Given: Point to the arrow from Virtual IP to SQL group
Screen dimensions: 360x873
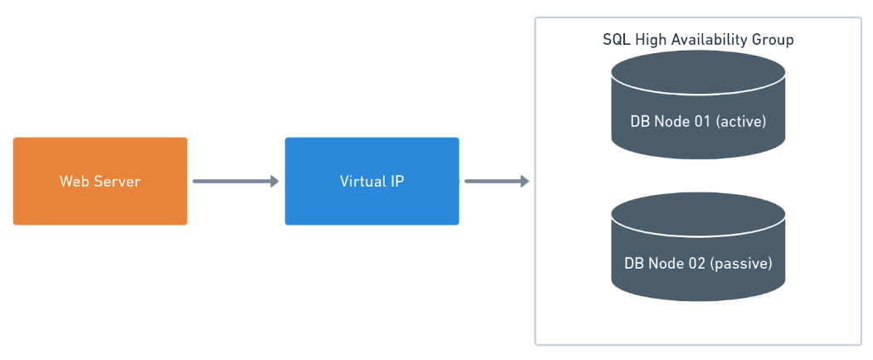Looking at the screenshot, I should [495, 181].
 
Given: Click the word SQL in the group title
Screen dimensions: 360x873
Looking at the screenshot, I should [614, 40].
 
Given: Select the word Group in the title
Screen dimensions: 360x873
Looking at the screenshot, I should [774, 40].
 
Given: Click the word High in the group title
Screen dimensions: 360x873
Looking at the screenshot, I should [650, 40].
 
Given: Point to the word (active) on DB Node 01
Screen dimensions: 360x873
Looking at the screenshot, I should [740, 122].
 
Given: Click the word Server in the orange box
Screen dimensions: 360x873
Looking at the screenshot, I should [115, 181].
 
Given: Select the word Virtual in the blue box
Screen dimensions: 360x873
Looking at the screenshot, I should [361, 181].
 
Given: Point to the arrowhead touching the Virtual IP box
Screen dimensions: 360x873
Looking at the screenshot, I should [274, 181].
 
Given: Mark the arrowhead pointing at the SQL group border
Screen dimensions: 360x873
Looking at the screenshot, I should [524, 181].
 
